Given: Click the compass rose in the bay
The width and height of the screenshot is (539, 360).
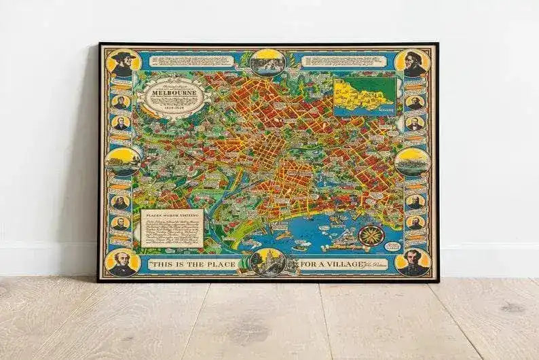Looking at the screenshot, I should click(371, 237).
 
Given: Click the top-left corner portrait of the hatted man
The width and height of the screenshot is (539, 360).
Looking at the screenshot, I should click(124, 62).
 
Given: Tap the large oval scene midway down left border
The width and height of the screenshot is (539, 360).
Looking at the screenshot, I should click(123, 162).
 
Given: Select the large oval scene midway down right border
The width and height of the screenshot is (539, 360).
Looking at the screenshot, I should click(413, 162).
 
